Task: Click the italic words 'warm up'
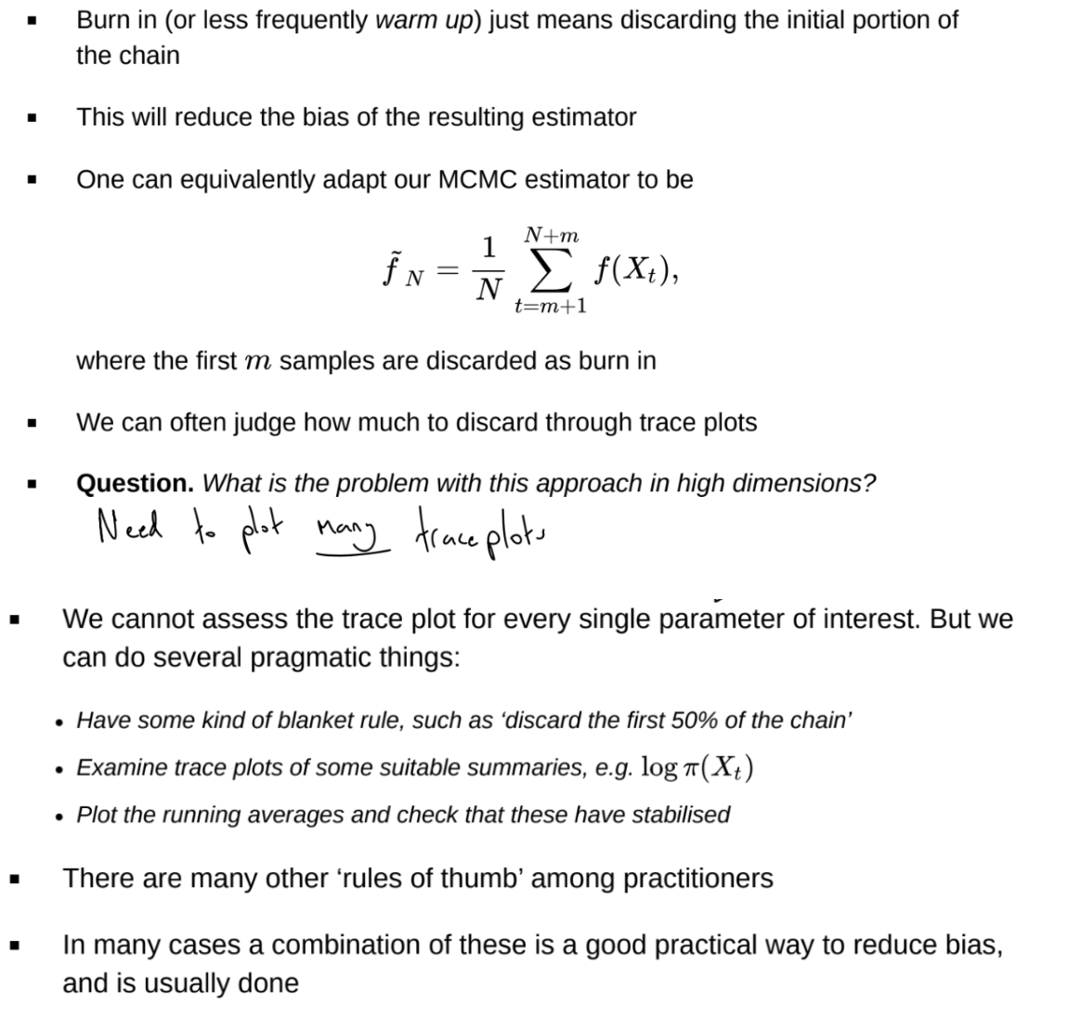coord(423,20)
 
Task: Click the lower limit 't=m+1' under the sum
coord(551,306)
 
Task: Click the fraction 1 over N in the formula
coord(488,269)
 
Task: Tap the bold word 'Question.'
coord(135,483)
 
